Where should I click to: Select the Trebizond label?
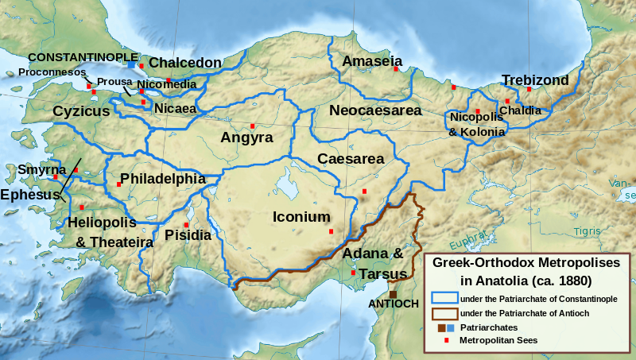point(535,80)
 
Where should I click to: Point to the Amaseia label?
point(371,61)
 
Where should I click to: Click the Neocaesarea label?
point(375,110)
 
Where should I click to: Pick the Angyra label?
point(246,137)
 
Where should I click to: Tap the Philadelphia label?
point(162,179)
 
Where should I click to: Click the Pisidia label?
point(188,234)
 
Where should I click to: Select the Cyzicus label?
point(81,112)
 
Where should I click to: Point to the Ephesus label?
point(30,195)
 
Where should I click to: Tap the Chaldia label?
point(521,110)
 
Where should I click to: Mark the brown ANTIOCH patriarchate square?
point(393,294)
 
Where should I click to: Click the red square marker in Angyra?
point(252,126)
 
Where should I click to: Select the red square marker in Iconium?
point(332,231)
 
